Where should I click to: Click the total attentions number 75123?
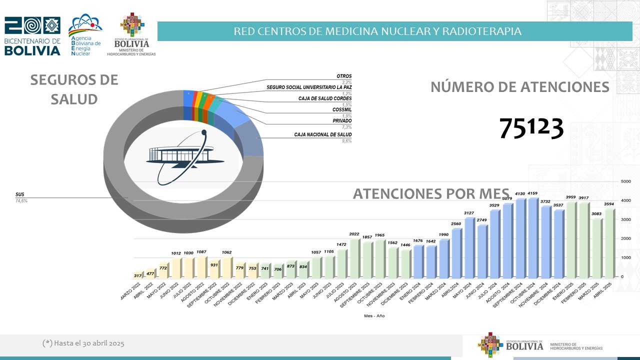tap(531, 129)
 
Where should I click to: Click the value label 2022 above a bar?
tap(354, 234)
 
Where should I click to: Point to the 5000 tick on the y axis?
tap(625, 181)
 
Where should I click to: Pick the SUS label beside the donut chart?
tap(20, 194)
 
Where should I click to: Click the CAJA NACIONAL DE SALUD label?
tap(322, 134)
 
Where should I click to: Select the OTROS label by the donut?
tap(344, 76)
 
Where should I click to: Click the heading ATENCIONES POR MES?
tap(431, 193)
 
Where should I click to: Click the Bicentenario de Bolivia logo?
tap(32, 36)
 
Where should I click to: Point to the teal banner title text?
tap(377, 31)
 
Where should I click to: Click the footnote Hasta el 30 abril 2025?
tap(83, 343)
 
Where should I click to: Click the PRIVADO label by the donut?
tap(342, 120)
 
